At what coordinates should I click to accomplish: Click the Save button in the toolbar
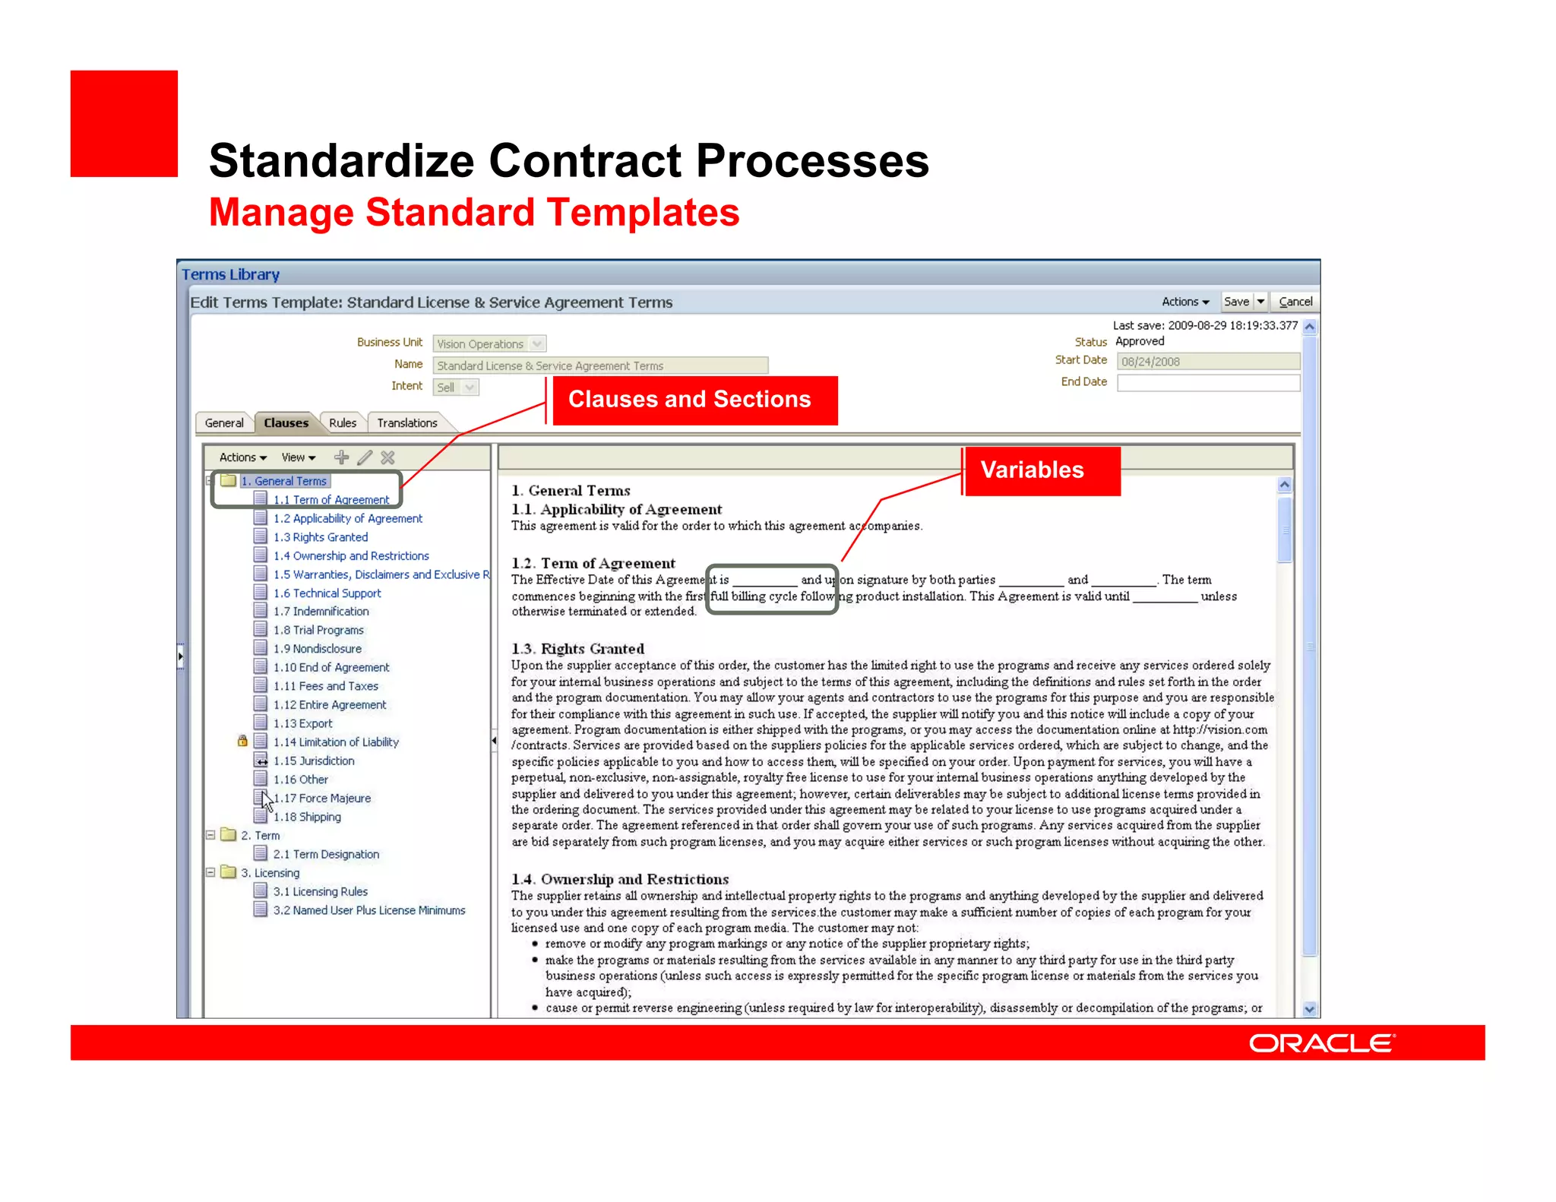tap(1236, 302)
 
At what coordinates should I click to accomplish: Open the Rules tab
tap(343, 422)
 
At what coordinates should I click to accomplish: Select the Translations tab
tap(407, 422)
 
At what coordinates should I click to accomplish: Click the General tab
tap(224, 422)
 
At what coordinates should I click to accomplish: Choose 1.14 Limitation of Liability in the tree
tap(336, 742)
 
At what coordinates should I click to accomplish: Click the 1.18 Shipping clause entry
tap(307, 817)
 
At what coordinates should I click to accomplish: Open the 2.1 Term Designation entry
tap(326, 854)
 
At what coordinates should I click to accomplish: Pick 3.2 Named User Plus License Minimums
tap(369, 910)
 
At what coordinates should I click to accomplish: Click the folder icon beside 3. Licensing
tap(228, 872)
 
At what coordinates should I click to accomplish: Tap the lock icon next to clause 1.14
tap(242, 741)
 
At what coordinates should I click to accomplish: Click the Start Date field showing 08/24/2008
tap(1208, 362)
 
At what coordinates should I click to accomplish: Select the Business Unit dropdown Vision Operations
tap(489, 344)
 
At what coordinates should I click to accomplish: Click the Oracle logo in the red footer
tap(1322, 1043)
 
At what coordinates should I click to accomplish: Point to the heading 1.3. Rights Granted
tap(577, 649)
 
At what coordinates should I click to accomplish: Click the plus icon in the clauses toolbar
tap(342, 457)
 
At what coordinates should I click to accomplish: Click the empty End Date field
tap(1208, 382)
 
